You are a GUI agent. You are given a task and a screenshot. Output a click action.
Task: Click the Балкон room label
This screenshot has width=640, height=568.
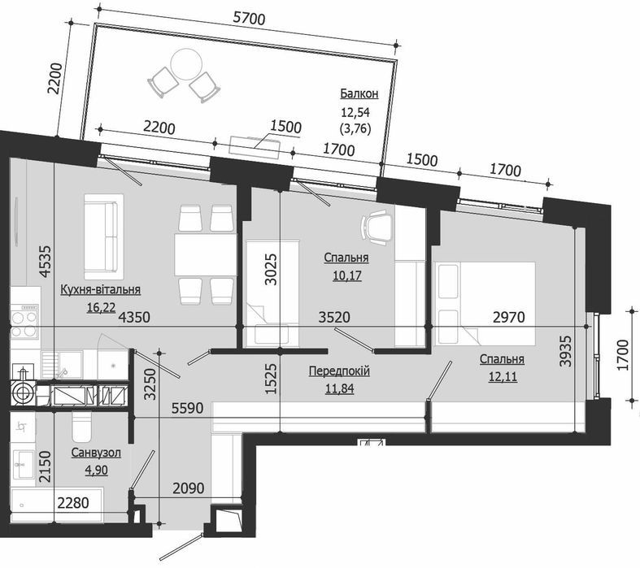(359, 94)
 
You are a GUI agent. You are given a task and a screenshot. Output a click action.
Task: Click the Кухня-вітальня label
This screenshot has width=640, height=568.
(101, 288)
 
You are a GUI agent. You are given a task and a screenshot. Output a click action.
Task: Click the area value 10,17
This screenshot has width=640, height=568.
(346, 275)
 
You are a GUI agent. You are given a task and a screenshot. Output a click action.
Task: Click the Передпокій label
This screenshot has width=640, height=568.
(339, 371)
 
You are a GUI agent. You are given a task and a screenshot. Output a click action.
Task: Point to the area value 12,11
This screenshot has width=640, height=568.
(501, 375)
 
